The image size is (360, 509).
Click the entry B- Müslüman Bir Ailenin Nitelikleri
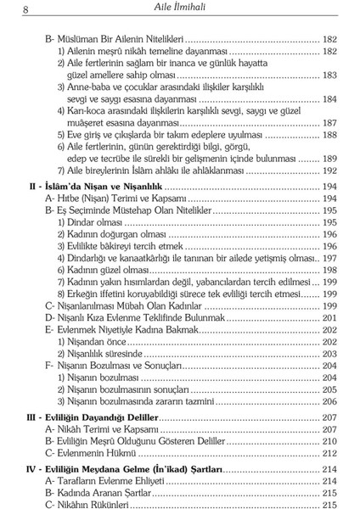pyautogui.click(x=114, y=38)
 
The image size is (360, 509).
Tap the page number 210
pyautogui.click(x=329, y=442)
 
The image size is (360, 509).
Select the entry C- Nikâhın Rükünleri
pyautogui.click(x=87, y=504)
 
